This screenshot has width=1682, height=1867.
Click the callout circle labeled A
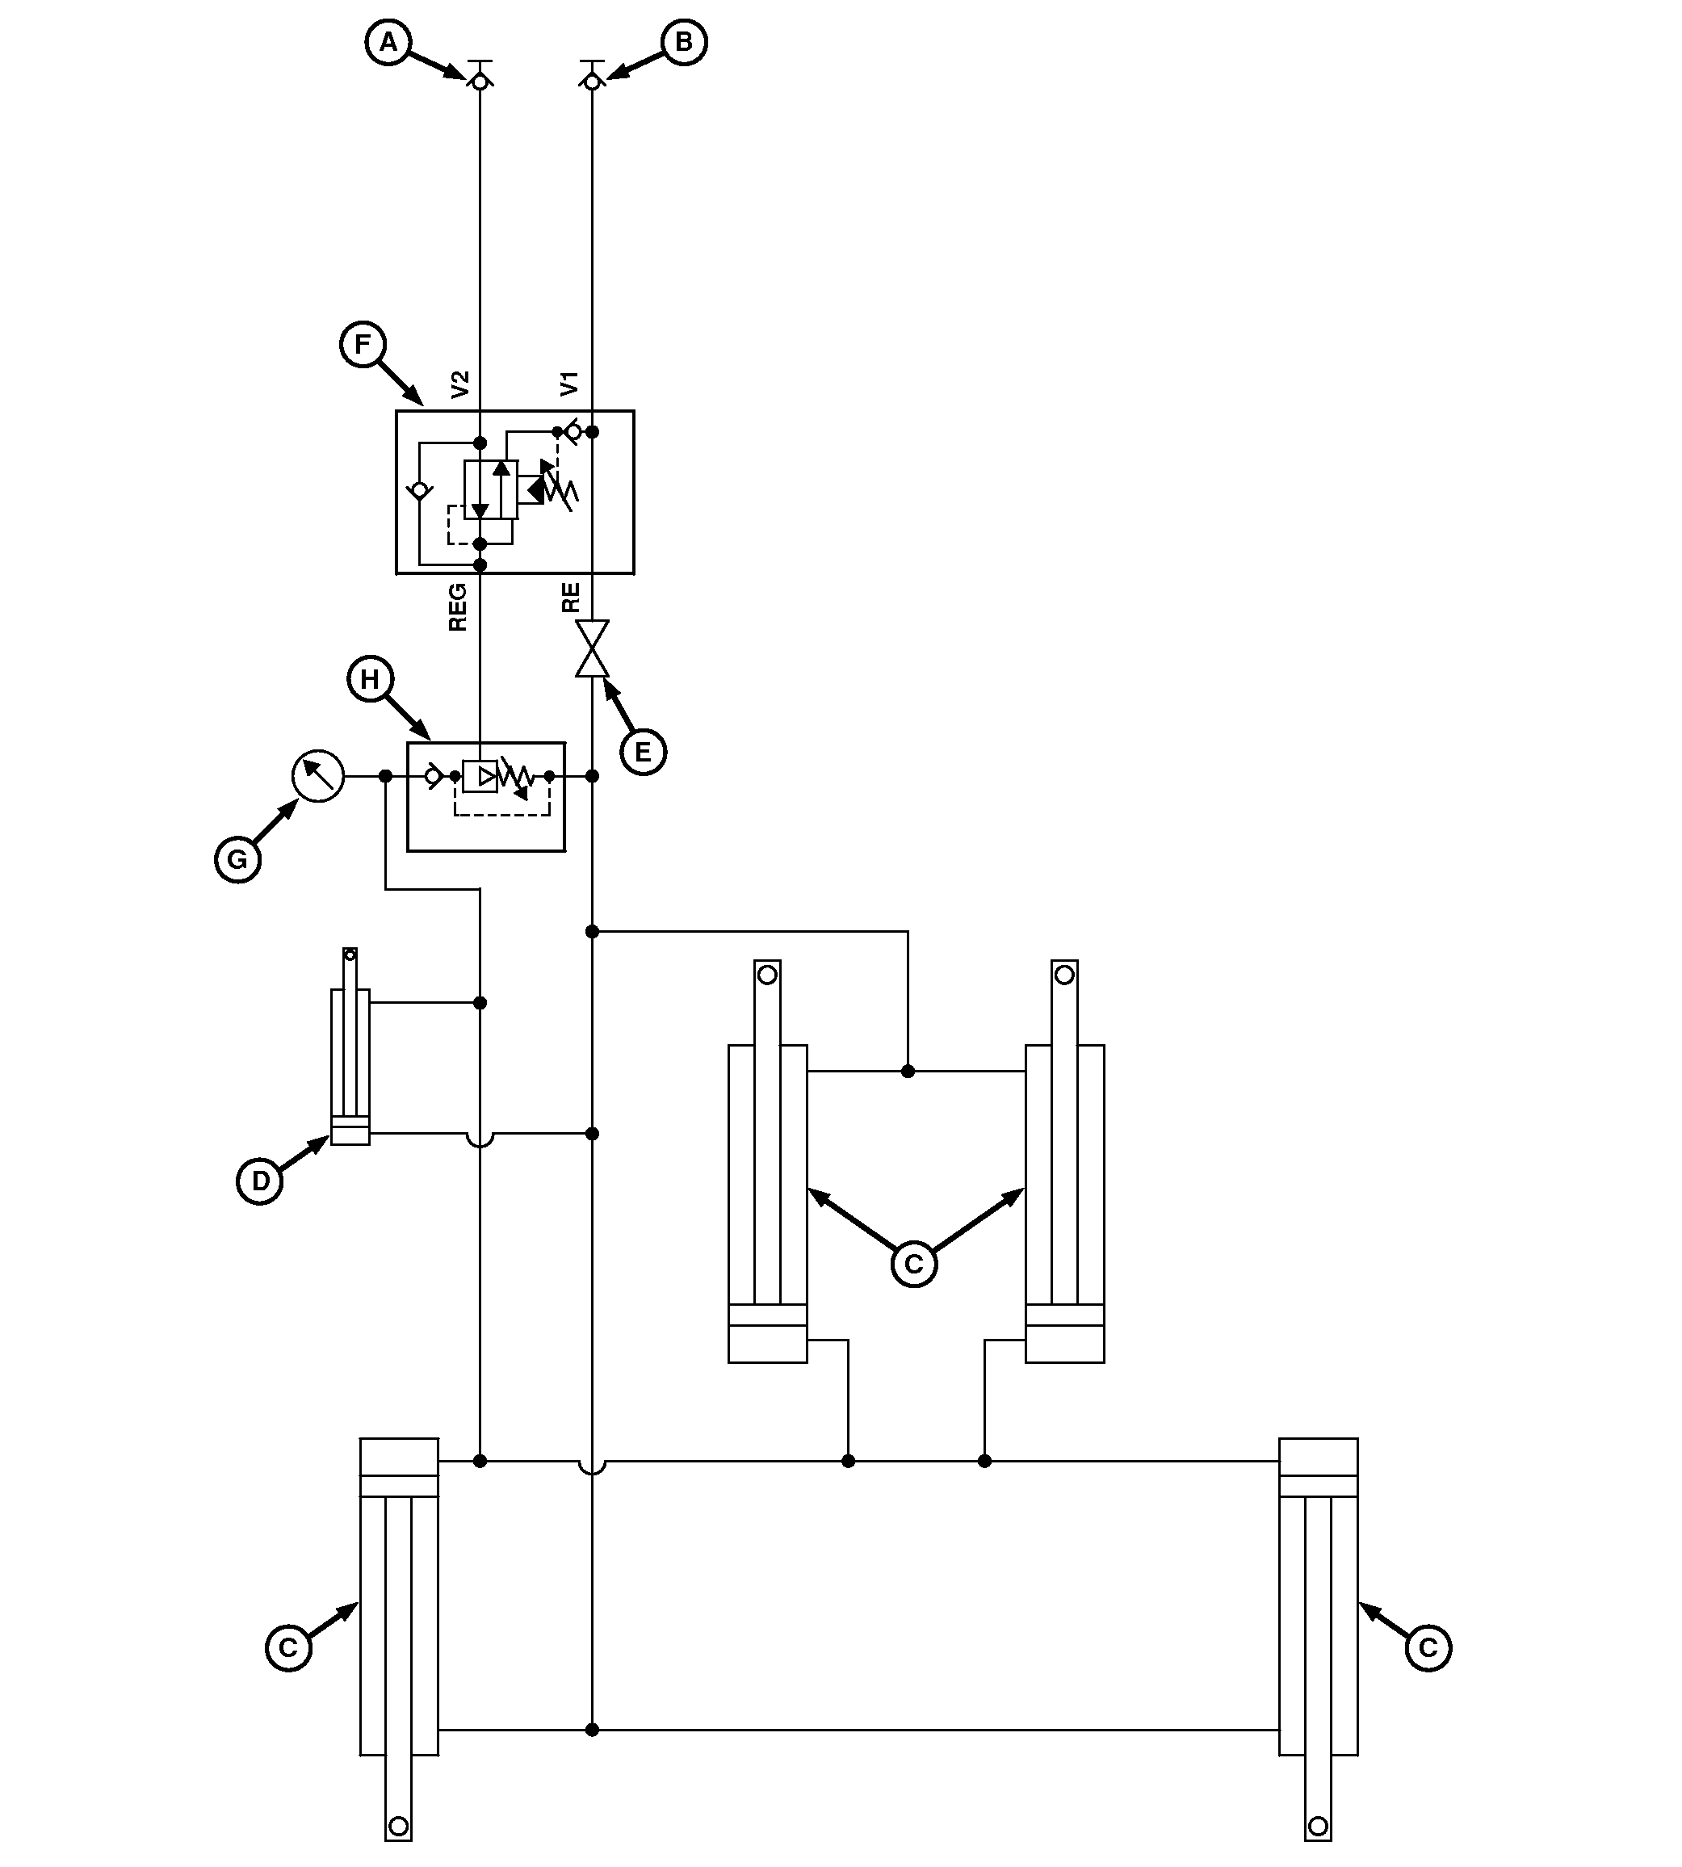388,42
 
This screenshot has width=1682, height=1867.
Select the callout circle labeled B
684,42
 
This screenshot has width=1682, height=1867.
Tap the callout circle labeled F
363,344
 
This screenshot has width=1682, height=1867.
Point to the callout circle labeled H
370,679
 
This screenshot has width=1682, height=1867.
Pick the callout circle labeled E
644,752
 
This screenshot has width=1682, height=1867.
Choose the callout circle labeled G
237,859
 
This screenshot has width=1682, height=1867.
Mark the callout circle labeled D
260,1181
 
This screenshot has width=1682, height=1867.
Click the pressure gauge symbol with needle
318,776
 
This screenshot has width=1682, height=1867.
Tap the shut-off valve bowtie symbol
593,648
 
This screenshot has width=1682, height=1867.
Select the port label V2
460,384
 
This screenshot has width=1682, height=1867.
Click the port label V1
570,384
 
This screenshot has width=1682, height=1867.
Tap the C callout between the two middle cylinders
914,1264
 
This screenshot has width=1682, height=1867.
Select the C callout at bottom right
1428,1647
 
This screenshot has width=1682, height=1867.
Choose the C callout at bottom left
288,1648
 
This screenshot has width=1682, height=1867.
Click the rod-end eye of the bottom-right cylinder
1319,1827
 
